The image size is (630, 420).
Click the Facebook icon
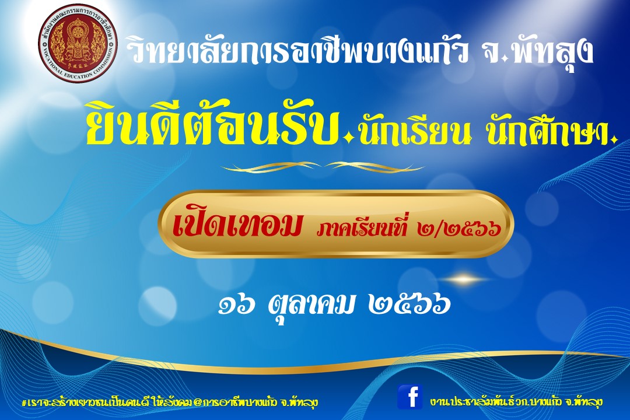(x=410, y=397)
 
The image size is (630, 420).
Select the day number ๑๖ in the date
(x=237, y=306)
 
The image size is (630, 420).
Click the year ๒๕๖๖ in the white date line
(x=408, y=306)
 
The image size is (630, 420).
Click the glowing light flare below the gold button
(x=464, y=278)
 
